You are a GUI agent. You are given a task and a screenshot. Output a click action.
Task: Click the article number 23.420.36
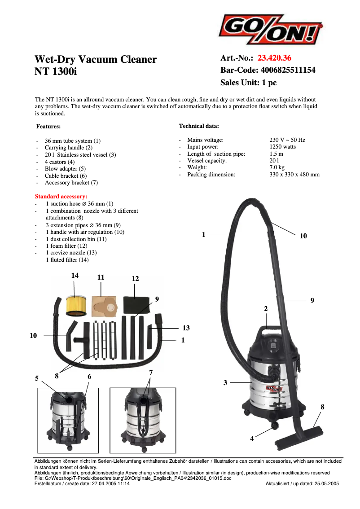click(x=275, y=58)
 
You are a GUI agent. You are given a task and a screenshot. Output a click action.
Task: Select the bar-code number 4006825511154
click(x=288, y=70)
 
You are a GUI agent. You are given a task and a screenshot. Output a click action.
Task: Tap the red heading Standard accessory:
click(x=61, y=197)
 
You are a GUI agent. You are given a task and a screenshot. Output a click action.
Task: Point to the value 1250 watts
click(x=283, y=147)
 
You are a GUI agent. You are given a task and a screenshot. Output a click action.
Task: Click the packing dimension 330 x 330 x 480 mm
click(x=294, y=174)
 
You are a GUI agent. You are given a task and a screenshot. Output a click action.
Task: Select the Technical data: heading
click(x=199, y=126)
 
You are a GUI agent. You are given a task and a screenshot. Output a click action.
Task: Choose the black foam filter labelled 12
click(x=136, y=304)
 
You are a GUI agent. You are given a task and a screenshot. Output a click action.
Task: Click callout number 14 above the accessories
click(x=75, y=276)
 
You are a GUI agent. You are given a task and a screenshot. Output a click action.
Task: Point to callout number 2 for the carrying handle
click(x=266, y=309)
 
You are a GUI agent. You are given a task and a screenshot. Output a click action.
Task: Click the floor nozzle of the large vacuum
click(x=301, y=433)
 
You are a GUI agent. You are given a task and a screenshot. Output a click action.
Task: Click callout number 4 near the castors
click(x=252, y=439)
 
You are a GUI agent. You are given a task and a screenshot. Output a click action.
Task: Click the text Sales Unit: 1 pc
click(x=248, y=83)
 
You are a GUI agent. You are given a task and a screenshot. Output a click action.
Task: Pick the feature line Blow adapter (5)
click(x=65, y=169)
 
